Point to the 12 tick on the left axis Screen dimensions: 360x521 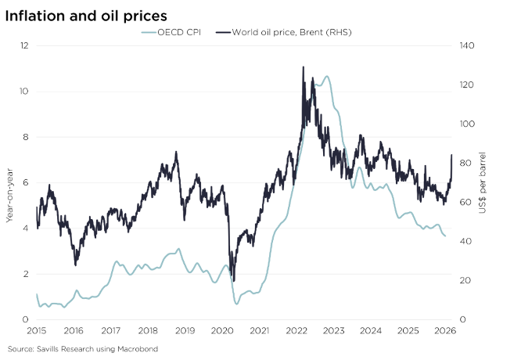click(25, 45)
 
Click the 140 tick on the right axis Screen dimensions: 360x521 click(467, 45)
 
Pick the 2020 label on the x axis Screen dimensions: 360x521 click(221, 331)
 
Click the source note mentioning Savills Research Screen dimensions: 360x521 click(82, 348)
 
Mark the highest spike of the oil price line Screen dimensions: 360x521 click(304, 67)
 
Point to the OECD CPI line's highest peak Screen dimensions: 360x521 click(326, 77)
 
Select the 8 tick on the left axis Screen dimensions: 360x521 click(25, 137)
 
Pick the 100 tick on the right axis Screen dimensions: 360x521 click(467, 124)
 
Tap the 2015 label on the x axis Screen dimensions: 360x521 click(36, 331)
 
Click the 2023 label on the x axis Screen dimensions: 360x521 click(333, 331)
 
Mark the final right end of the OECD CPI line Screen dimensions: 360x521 click(447, 236)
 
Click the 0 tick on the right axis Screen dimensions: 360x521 click(462, 319)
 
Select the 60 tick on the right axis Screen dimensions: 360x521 click(465, 202)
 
